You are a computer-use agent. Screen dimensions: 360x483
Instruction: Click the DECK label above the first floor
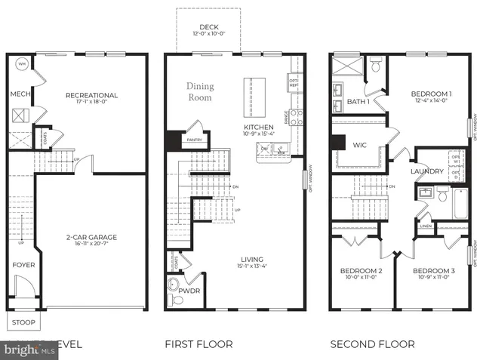(208, 27)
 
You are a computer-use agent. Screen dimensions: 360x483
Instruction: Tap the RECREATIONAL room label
(91, 95)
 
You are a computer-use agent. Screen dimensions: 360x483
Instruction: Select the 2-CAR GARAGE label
(91, 237)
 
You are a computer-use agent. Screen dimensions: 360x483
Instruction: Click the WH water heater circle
(21, 63)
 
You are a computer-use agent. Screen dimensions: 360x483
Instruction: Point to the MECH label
(20, 94)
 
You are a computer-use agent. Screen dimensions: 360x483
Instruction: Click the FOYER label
(23, 265)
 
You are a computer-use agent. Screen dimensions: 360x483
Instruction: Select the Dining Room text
(200, 91)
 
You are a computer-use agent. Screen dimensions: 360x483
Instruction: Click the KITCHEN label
(257, 128)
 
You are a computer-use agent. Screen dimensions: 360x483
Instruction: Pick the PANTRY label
(195, 140)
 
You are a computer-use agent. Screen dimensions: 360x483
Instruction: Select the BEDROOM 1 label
(431, 94)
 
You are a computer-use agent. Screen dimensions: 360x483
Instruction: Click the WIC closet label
(359, 145)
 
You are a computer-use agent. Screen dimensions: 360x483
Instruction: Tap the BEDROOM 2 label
(361, 271)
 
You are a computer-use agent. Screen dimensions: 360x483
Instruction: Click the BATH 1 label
(358, 101)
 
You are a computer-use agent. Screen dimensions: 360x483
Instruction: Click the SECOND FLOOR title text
(372, 344)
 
